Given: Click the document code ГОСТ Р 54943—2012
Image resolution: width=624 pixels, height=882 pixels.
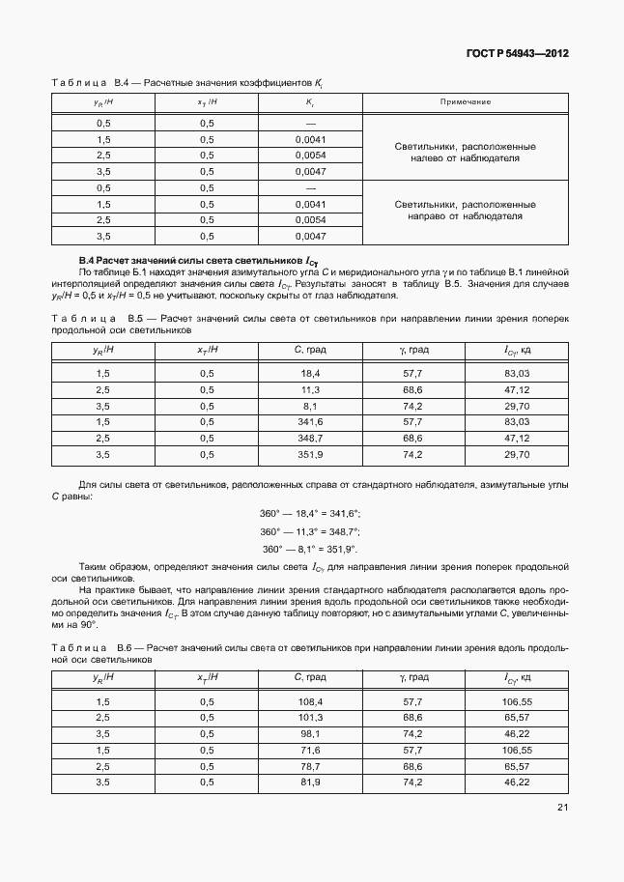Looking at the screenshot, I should coord(518,53).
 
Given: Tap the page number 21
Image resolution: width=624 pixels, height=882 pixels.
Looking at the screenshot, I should coord(562,809).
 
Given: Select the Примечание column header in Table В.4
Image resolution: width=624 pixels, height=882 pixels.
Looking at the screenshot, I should coord(466,101).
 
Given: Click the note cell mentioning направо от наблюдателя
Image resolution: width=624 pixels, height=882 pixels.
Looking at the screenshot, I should coord(466,212).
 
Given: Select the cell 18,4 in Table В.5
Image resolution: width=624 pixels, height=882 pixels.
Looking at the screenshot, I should coord(310,373).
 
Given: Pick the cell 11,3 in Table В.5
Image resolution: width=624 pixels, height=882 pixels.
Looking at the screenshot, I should coord(310,389).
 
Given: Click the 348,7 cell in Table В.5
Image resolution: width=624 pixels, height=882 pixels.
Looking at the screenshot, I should coord(310,439).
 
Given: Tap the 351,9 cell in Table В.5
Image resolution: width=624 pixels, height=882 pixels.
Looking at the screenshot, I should coord(310,454).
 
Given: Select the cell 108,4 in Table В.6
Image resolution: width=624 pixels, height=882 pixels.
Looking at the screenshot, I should coord(310,701).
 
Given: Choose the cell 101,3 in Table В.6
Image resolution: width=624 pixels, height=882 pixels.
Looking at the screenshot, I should coord(310,718).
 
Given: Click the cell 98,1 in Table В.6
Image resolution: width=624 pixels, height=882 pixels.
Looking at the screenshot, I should coord(310,734).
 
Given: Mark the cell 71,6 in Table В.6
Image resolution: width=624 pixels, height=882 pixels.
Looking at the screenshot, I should coord(310,750).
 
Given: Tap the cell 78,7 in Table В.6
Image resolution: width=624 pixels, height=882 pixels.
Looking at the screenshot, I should coord(310,766).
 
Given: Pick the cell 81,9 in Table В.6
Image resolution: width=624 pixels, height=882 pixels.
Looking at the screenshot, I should coord(310,782).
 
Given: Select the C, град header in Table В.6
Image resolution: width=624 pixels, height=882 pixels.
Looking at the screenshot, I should coord(310,678).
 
